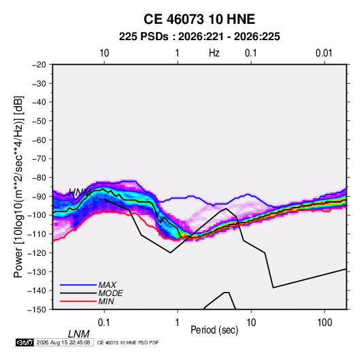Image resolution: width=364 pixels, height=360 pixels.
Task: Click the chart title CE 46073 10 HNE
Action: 199,19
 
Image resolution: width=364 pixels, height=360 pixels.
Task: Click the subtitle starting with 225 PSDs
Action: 199,37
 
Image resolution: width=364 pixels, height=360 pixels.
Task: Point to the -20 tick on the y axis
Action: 39,65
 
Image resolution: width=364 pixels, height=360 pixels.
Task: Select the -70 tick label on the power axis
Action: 39,159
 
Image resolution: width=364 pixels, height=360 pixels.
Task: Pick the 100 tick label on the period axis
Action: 325,323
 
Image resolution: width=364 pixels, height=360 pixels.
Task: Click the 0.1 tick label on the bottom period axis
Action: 104,323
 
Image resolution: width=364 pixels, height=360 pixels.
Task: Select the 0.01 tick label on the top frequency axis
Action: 324,53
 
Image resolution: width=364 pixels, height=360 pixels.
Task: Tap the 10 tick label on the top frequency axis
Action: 104,53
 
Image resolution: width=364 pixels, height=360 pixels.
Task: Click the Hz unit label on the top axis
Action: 214,53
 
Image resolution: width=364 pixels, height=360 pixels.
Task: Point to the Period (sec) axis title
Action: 214,330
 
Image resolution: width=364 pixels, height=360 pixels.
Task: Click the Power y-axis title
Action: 18,187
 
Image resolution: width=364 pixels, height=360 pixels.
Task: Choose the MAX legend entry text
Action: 107,284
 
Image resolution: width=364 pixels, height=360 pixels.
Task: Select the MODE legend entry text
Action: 110,293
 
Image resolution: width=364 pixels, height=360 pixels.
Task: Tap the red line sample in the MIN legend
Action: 78,301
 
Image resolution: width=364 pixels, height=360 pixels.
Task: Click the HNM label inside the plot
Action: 80,193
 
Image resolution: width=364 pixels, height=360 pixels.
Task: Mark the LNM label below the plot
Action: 79,334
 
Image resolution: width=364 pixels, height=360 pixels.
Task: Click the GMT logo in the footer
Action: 25,342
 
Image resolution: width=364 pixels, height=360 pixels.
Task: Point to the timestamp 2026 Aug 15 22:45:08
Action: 63,342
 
